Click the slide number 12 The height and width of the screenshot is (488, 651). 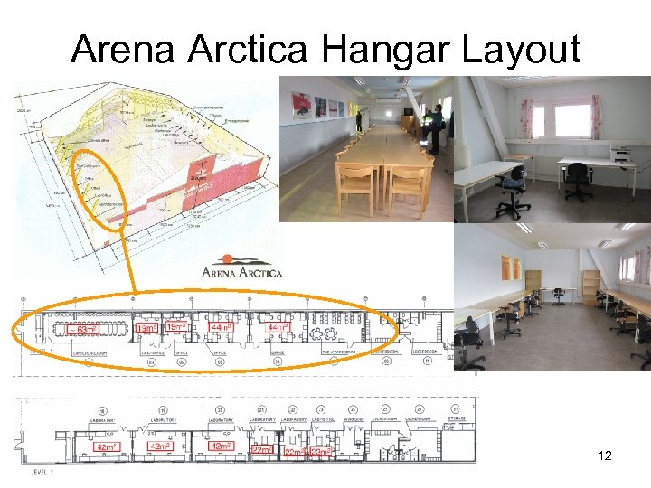(x=605, y=455)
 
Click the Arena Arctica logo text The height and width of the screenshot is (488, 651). (x=241, y=272)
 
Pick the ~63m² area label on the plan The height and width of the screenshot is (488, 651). (x=84, y=330)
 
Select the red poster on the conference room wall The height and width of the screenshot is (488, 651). (x=301, y=106)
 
